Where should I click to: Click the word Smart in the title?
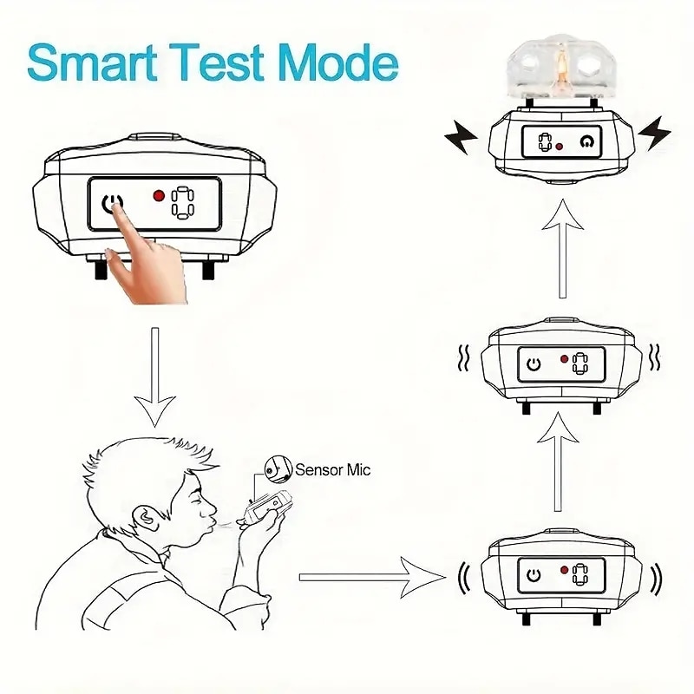point(92,62)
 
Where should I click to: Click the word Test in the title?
point(216,62)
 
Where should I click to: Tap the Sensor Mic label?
point(332,469)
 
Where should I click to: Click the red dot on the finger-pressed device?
point(159,195)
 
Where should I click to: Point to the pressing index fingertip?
point(118,206)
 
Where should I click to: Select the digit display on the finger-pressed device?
point(183,203)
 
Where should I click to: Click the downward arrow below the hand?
point(155,377)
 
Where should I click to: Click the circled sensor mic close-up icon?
point(278,470)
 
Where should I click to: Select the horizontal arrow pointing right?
point(372,577)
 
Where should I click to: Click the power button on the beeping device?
point(534,575)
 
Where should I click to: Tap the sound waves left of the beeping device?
point(464,578)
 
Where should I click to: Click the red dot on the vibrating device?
point(564,359)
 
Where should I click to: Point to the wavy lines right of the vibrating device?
point(654,357)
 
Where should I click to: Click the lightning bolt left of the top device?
point(461,136)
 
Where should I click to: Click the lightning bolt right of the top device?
point(655,133)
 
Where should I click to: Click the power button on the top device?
point(587,141)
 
